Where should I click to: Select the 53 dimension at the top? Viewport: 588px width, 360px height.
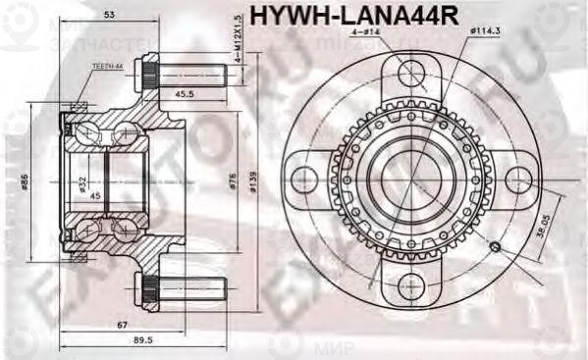tap(108, 16)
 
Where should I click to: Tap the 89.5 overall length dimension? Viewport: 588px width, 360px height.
tap(142, 340)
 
